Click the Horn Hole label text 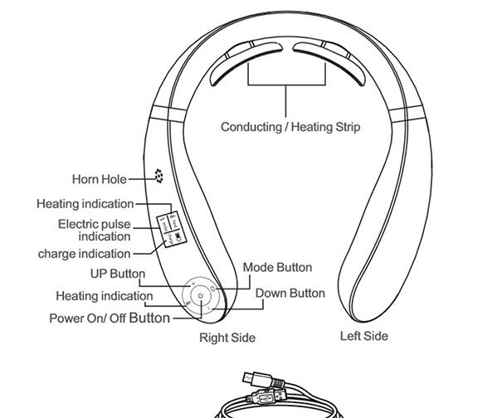click(x=100, y=179)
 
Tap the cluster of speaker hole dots click(x=158, y=176)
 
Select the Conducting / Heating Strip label click(x=290, y=127)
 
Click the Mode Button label click(x=277, y=267)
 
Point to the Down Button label click(x=290, y=293)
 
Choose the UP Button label click(x=118, y=274)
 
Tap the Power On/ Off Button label click(x=110, y=318)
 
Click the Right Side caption click(x=227, y=338)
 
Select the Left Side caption click(x=364, y=336)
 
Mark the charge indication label click(x=84, y=254)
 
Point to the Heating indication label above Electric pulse click(x=85, y=204)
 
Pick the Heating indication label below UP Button click(x=105, y=296)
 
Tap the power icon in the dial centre click(x=200, y=296)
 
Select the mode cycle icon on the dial click(x=213, y=288)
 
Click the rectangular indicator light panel click(x=172, y=229)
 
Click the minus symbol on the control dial click(x=208, y=308)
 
